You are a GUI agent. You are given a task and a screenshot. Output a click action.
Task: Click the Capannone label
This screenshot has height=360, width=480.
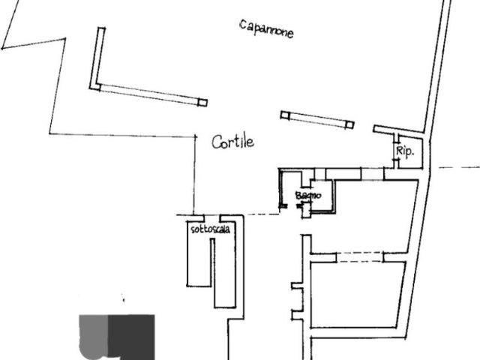(266, 29)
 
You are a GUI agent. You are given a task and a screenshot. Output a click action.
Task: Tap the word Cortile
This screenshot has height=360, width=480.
(232, 142)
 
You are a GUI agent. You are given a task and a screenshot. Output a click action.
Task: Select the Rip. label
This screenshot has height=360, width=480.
(405, 151)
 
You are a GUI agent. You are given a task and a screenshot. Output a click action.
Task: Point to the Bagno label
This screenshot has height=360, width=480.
(308, 196)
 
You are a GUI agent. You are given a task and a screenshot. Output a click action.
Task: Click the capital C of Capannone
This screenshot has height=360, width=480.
(244, 26)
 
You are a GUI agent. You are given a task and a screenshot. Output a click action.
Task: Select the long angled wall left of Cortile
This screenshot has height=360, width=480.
(150, 94)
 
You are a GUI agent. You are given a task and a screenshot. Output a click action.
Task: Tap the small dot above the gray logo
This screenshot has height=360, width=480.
(122, 298)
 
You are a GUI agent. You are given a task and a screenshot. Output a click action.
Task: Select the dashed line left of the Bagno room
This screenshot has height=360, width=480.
(262, 214)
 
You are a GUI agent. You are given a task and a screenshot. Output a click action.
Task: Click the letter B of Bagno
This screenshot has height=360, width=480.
(298, 196)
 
